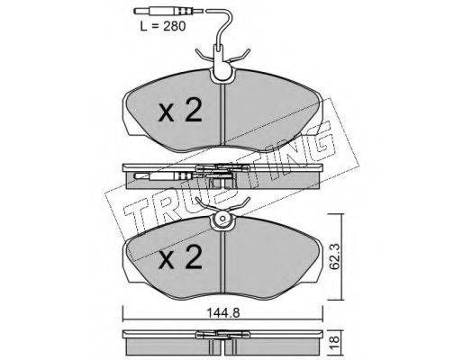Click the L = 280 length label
(x=163, y=26)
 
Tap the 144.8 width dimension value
(x=222, y=313)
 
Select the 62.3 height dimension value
(x=335, y=257)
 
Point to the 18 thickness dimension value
(x=335, y=340)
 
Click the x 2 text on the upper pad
(x=180, y=111)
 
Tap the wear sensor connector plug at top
(x=168, y=12)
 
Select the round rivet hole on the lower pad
(x=222, y=219)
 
